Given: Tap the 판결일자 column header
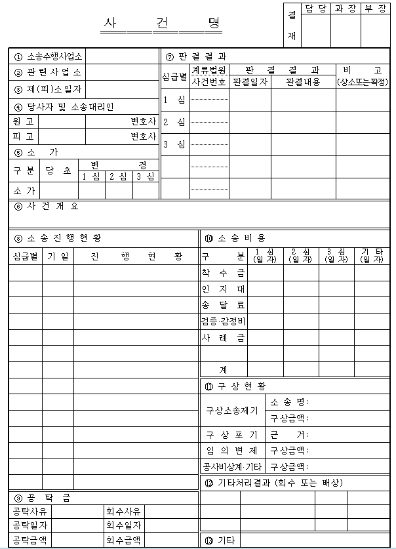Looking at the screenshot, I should (250, 82).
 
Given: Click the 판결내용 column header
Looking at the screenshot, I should (304, 82).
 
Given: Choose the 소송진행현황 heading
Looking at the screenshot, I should (63, 237).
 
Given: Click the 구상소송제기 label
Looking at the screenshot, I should (231, 410).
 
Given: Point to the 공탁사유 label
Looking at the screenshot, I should (30, 511).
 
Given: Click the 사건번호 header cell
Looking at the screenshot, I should (209, 82).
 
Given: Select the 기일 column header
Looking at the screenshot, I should (58, 256).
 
